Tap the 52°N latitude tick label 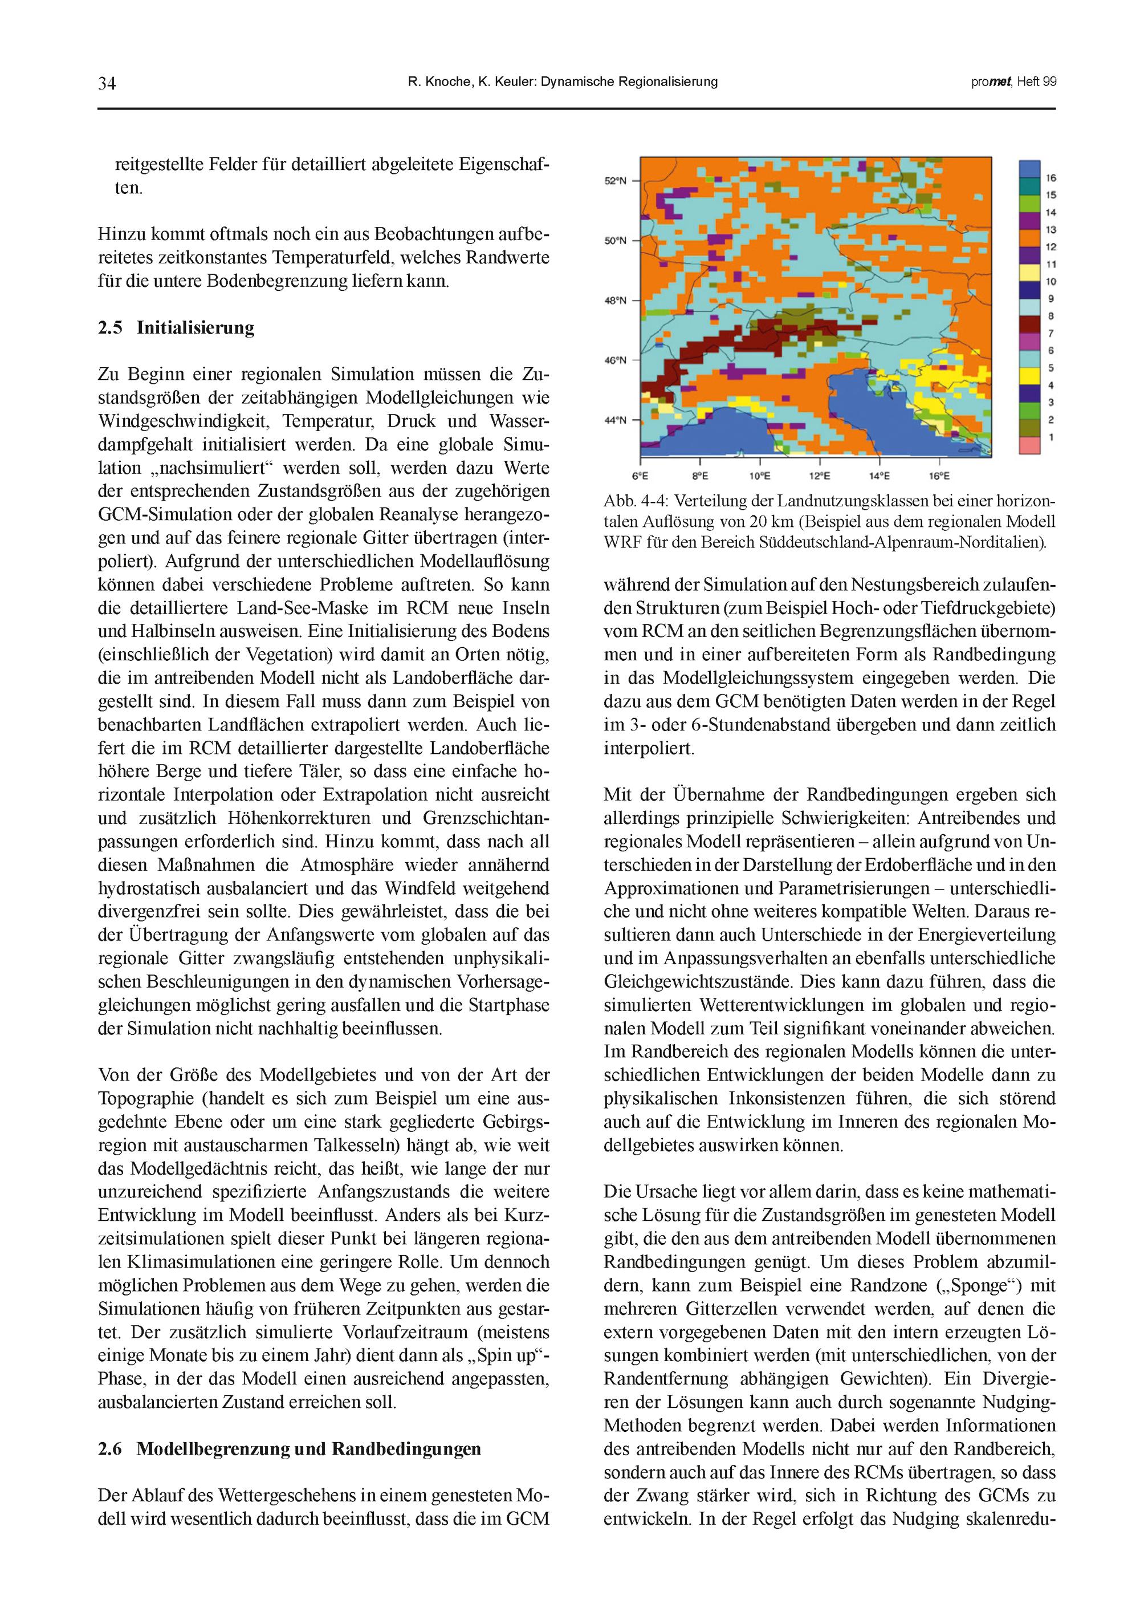coord(615,181)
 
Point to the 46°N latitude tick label coord(615,361)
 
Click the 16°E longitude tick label coord(939,476)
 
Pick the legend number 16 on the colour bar coord(1051,178)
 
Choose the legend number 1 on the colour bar coord(1051,437)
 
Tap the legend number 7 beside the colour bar coord(1051,334)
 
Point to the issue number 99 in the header coord(1049,82)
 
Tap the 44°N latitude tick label coord(615,421)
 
